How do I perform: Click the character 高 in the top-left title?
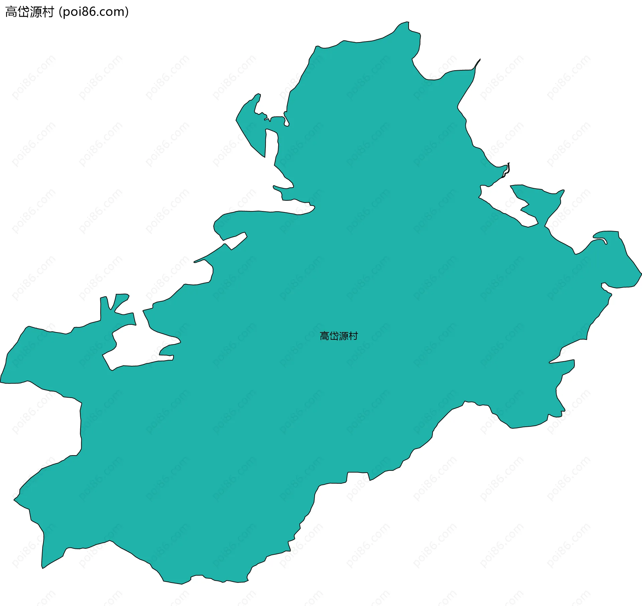tap(11, 12)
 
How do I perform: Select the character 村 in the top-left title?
tap(48, 12)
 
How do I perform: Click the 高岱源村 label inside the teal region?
tap(339, 336)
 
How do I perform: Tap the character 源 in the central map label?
tap(343, 336)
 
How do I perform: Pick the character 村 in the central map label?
tap(353, 336)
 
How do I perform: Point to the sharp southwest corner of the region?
tap(42, 568)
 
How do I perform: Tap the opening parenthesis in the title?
tap(60, 12)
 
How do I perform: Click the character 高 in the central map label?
tap(324, 336)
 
